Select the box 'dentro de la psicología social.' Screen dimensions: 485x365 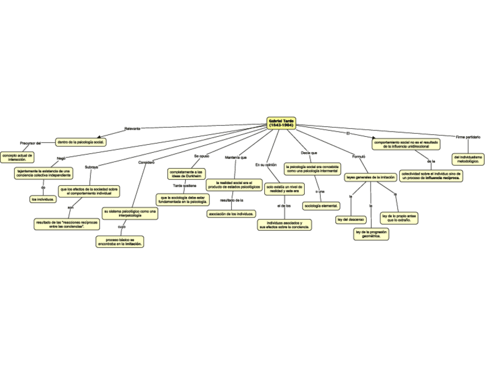(x=81, y=141)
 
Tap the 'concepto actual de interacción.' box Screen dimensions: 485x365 (x=18, y=157)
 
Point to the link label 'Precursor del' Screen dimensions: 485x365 (x=30, y=142)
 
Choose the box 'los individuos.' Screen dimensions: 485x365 (x=43, y=199)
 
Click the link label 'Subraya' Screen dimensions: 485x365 (x=91, y=167)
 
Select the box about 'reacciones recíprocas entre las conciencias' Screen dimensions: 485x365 (x=67, y=224)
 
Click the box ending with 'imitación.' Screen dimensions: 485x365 (x=120, y=241)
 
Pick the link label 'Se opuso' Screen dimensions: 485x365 (x=201, y=156)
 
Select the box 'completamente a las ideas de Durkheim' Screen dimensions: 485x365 (x=186, y=173)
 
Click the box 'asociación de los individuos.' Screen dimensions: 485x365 (x=231, y=213)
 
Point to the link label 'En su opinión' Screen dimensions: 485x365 (x=266, y=165)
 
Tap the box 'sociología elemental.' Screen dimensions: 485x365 (x=321, y=205)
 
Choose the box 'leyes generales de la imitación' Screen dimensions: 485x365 (x=370, y=177)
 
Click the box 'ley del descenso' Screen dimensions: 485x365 (x=351, y=219)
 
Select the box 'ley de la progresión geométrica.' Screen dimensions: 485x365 (x=371, y=233)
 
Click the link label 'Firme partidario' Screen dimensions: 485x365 (x=468, y=137)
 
